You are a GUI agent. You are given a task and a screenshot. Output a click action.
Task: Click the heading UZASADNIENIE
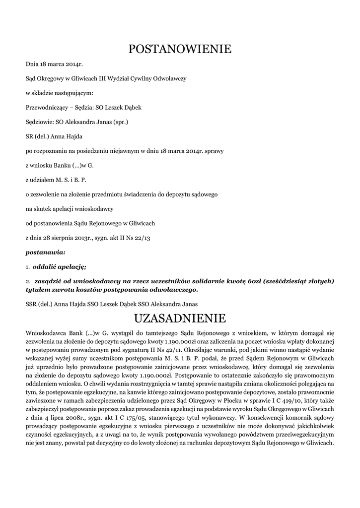[x=180, y=317]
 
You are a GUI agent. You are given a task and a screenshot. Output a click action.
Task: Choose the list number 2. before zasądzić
[x=28, y=281]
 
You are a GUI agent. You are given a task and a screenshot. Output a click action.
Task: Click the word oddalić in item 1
[x=45, y=267]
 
